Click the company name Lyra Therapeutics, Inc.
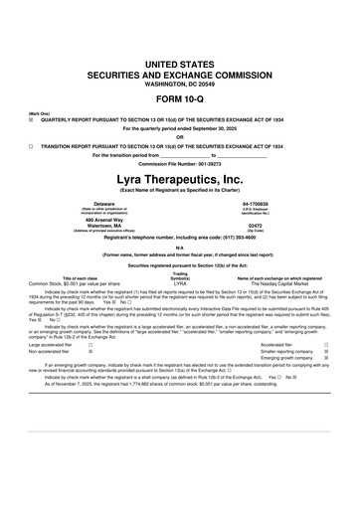(180, 176)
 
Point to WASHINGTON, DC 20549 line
(180, 81)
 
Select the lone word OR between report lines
(180, 137)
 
